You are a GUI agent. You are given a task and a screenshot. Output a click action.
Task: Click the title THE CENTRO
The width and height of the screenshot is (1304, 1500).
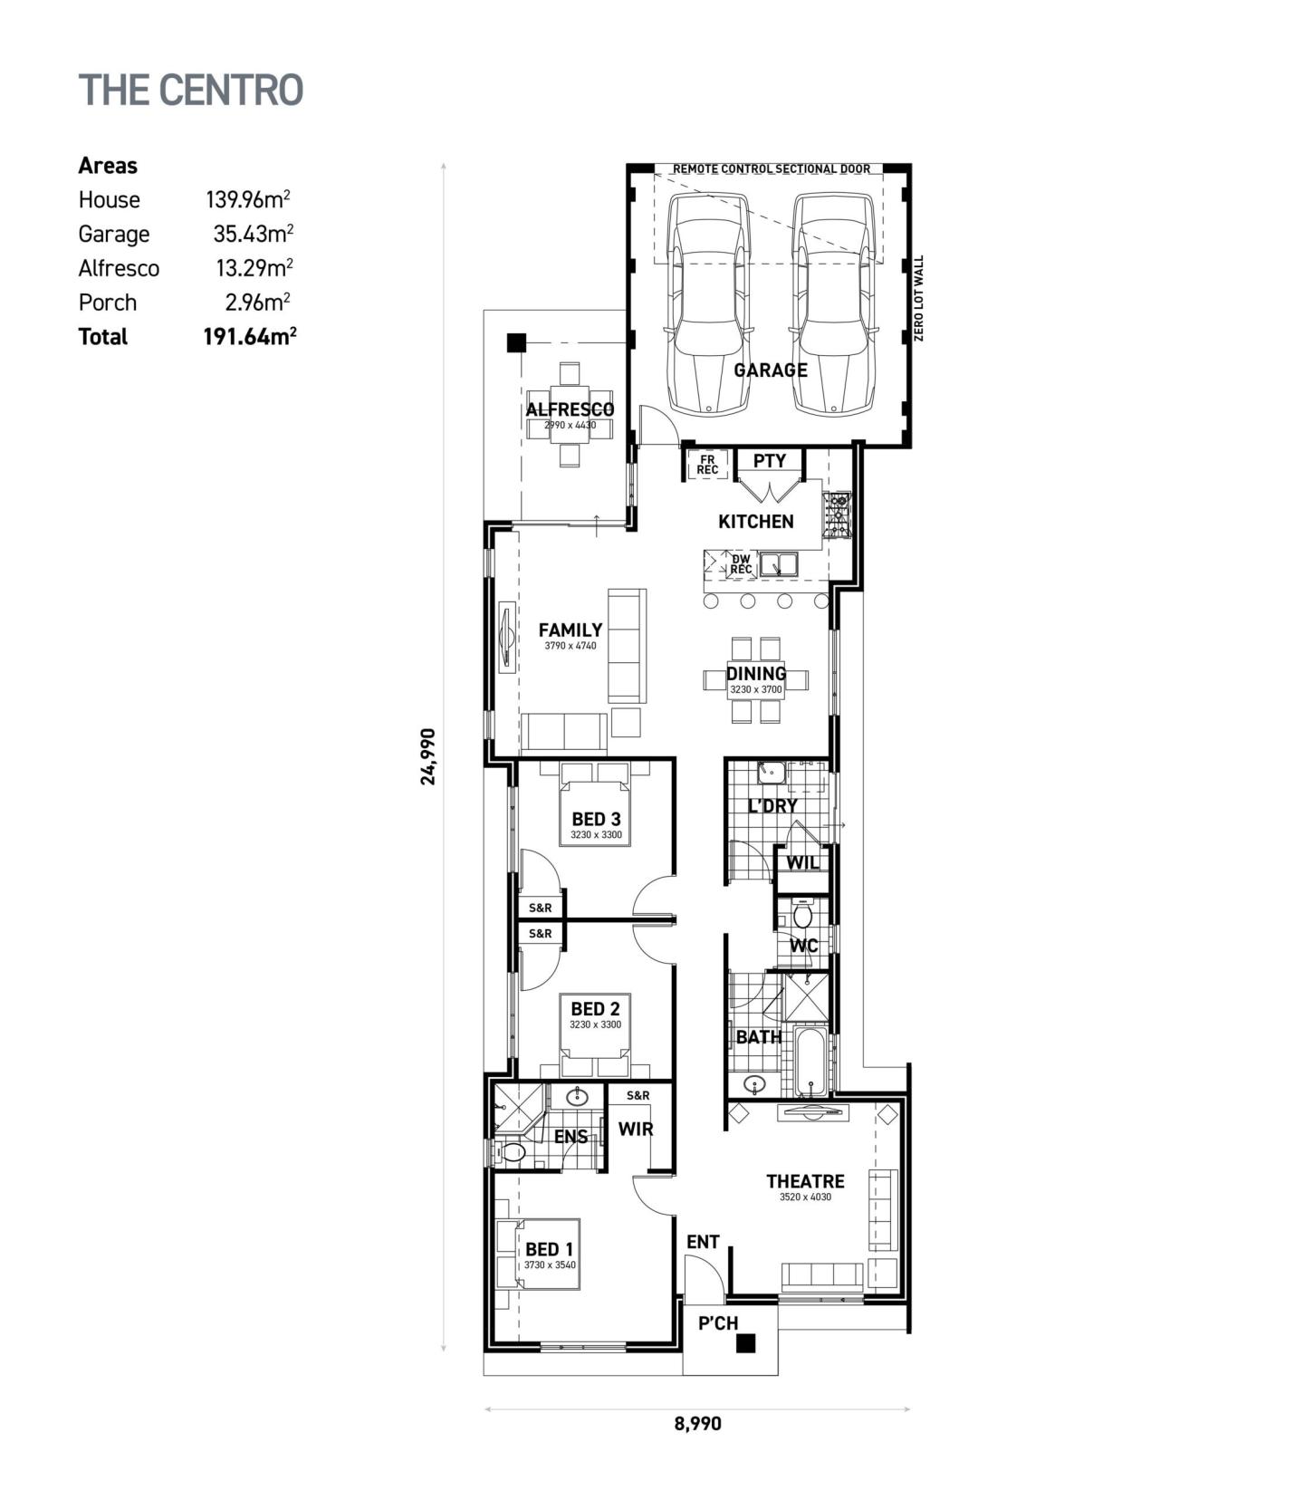(x=191, y=90)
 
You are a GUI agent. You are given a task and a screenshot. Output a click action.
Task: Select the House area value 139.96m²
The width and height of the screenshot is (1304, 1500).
(x=247, y=199)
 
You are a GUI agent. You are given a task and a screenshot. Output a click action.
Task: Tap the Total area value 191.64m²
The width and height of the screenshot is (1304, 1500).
(x=250, y=337)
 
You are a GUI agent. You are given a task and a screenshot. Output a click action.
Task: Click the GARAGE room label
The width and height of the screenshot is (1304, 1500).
(x=770, y=370)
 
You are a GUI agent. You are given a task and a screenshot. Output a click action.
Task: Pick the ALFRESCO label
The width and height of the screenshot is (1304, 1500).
(x=570, y=409)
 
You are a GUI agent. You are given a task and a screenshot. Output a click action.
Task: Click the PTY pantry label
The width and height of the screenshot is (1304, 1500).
(x=770, y=461)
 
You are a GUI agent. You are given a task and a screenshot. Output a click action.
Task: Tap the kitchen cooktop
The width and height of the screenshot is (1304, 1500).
(x=837, y=515)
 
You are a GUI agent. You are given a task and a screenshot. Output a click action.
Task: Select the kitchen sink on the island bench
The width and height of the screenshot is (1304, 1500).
(x=778, y=565)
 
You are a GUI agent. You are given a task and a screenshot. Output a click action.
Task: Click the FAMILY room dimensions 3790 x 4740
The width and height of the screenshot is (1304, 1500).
(x=570, y=646)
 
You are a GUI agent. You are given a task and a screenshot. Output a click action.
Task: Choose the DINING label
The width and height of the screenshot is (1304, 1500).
(x=756, y=674)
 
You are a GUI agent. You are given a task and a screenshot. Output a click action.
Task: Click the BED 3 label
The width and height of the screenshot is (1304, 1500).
(x=596, y=819)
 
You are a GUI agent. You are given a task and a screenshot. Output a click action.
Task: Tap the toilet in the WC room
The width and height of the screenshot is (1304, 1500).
(x=802, y=916)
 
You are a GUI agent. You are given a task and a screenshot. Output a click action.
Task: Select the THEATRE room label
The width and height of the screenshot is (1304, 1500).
(x=805, y=1181)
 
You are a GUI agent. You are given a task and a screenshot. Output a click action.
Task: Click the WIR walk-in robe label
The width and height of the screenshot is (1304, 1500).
(x=636, y=1130)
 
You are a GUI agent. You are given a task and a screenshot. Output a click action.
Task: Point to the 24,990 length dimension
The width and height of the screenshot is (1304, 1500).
(x=428, y=756)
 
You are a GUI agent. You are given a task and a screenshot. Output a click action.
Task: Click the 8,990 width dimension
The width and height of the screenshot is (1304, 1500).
(x=697, y=1423)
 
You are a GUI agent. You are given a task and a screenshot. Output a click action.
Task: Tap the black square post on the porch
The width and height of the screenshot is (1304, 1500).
(x=745, y=1344)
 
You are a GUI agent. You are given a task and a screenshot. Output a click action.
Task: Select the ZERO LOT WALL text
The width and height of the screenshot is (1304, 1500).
(x=919, y=298)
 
